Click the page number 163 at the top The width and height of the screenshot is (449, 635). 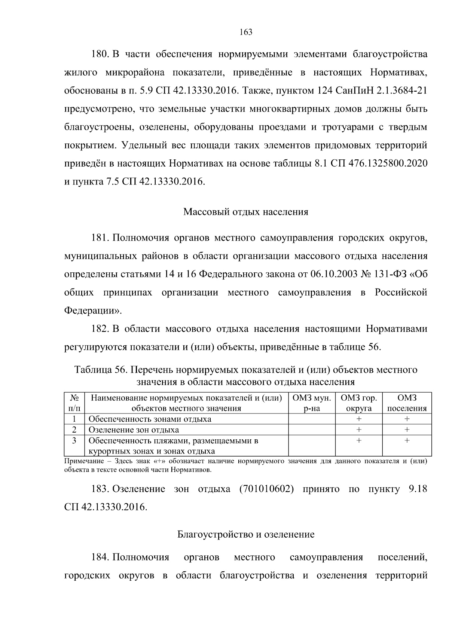[x=246, y=32]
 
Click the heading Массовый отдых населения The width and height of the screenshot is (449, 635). [x=246, y=212]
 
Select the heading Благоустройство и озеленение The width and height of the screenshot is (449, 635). [x=246, y=534]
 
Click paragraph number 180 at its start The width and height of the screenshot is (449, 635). [x=100, y=54]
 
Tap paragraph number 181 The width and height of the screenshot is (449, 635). [x=100, y=238]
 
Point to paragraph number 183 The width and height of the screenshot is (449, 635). [x=100, y=489]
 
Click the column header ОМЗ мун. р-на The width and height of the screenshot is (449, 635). [x=312, y=403]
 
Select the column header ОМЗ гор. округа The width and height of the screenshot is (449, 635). [x=358, y=403]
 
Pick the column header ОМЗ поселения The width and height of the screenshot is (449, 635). [x=407, y=403]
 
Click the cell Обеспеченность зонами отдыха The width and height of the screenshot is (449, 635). [x=150, y=419]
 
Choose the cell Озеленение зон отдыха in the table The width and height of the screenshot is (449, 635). [x=134, y=430]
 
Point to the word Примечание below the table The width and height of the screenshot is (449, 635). [x=81, y=461]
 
